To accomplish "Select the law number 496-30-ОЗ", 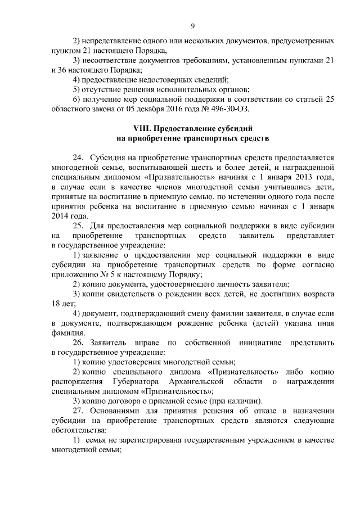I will click(x=223, y=109).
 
